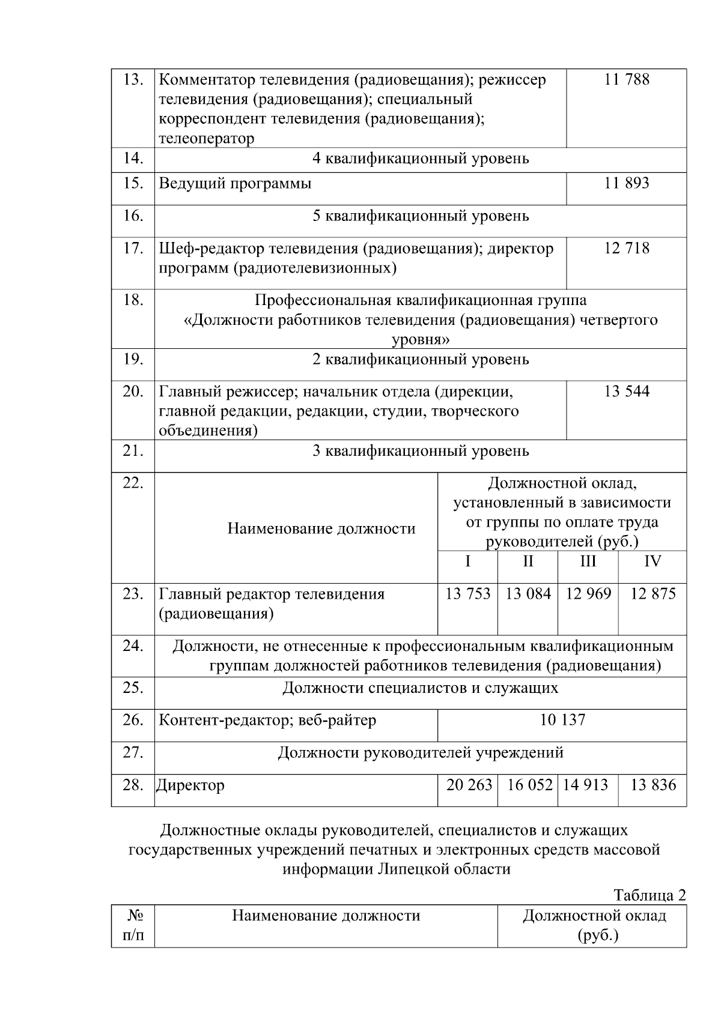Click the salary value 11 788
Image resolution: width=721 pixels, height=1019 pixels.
coord(626,80)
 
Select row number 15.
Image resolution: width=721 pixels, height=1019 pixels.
coord(133,184)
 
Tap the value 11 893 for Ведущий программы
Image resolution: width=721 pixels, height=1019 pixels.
coord(626,184)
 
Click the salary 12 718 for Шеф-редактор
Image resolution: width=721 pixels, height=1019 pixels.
coord(626,249)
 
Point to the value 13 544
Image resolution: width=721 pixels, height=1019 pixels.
coord(626,392)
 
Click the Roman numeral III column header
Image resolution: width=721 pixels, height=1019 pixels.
coord(588,562)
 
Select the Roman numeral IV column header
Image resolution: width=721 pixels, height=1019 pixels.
coord(652,562)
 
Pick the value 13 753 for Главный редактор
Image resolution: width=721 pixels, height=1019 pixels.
coord(467,594)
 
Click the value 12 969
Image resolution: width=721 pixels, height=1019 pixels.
coord(588,594)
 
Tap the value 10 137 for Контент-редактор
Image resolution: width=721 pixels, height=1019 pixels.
coord(562,721)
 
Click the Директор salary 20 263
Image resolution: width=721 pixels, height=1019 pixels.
coord(469,785)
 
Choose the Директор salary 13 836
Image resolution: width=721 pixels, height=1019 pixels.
coord(653,785)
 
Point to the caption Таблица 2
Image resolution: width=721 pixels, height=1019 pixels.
coord(649,895)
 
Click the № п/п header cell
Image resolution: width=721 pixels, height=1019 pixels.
coord(133,925)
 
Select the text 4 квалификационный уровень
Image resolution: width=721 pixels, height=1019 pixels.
coord(421,159)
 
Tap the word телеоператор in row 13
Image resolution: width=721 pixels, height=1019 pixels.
coord(206,139)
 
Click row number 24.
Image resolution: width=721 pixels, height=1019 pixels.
coord(133,647)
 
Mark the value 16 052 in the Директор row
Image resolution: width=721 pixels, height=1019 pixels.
coord(529,785)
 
